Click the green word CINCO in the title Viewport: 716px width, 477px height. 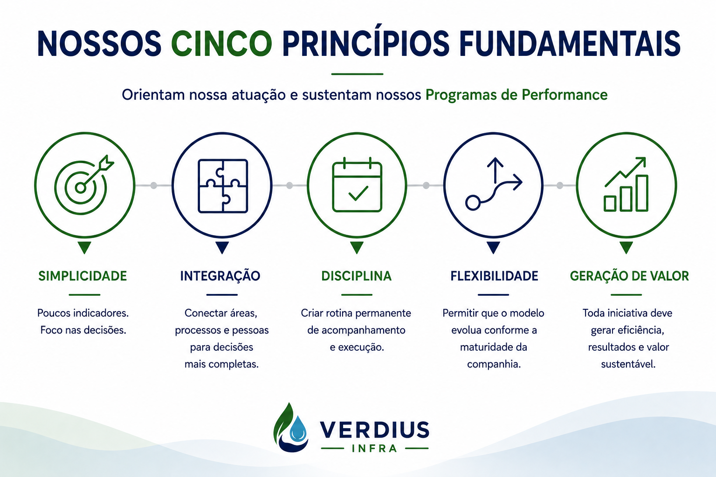point(221,44)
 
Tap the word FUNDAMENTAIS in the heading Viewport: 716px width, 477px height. point(570,44)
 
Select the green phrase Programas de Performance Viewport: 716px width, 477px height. point(516,95)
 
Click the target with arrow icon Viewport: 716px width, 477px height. point(84,184)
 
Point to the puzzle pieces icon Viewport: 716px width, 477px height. point(223,186)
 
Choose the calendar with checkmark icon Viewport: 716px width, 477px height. point(357,184)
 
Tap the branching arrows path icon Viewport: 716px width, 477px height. point(494,184)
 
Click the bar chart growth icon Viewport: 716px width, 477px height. point(626,184)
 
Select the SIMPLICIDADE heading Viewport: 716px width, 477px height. point(83,276)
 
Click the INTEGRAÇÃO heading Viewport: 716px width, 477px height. point(220,275)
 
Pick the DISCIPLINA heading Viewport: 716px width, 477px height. point(357,276)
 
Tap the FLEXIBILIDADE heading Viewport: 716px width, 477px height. point(494,276)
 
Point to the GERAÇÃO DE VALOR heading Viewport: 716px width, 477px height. point(629,275)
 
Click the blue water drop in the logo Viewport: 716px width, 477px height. point(298,428)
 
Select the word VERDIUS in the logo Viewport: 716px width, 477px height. point(374,429)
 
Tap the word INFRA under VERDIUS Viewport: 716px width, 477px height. point(375,449)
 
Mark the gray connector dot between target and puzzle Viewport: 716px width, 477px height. point(154,185)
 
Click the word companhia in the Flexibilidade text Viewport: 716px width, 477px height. point(494,365)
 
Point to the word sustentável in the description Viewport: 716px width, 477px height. point(628,364)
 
